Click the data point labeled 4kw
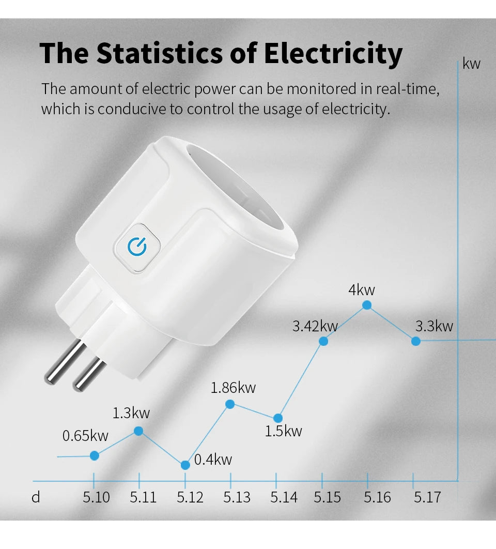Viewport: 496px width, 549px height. pos(367,305)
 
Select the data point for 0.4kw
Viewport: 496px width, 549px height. pos(185,465)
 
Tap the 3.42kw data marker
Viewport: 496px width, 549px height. pos(323,341)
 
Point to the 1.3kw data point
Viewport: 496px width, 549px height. pos(138,431)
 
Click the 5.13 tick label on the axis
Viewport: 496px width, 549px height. pos(237,497)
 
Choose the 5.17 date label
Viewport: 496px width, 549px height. pos(427,497)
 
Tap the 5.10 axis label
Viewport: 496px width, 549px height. pos(97,497)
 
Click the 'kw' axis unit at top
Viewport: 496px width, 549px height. pos(471,64)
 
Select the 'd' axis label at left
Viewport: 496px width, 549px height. pos(36,497)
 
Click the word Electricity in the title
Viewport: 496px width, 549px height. pos(333,53)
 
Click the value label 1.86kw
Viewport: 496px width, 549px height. pos(233,388)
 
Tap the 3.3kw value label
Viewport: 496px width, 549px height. pos(434,326)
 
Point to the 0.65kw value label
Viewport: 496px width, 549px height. pos(85,436)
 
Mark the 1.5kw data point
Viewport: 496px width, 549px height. pos(278,418)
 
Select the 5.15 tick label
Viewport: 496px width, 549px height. pos(328,497)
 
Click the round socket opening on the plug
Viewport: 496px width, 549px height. pos(243,191)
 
